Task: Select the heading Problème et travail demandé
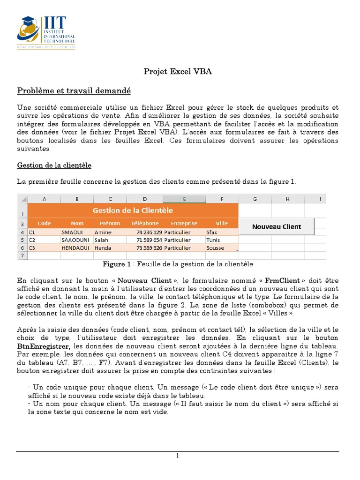point(74,90)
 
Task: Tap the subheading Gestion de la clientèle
point(54,165)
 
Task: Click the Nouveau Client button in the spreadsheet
point(277,226)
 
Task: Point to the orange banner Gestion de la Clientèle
point(133,210)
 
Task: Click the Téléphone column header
point(145,223)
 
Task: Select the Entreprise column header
point(184,223)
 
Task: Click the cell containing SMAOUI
point(72,232)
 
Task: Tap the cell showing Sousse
point(215,248)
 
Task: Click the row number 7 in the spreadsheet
point(22,255)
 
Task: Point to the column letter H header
point(287,199)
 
